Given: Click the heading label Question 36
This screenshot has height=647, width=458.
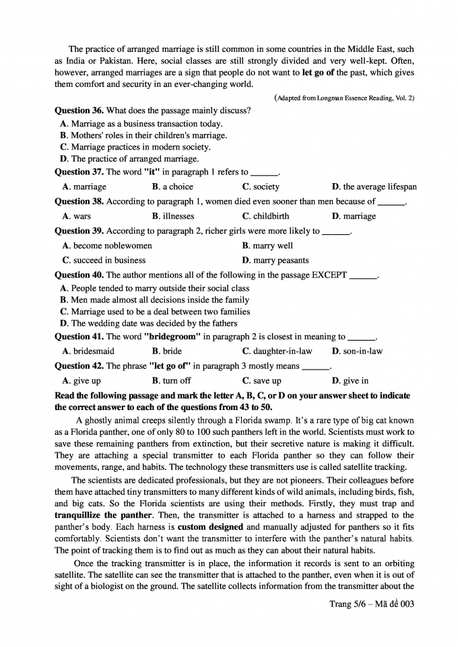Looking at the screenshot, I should [79, 110].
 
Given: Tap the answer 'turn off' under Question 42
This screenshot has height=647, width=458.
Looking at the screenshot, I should [174, 381].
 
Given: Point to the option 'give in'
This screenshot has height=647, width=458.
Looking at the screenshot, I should [355, 381].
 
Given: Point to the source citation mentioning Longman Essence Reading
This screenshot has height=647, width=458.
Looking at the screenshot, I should [344, 98].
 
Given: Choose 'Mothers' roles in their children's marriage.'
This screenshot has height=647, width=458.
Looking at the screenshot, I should [143, 135].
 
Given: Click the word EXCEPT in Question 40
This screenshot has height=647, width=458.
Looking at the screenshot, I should [329, 275].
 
